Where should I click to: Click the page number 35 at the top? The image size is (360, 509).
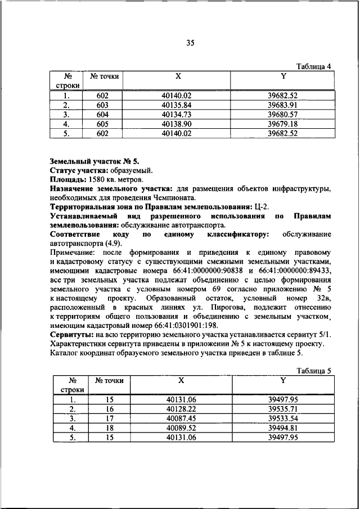tap(190, 43)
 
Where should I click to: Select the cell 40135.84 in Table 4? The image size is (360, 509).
tap(177, 105)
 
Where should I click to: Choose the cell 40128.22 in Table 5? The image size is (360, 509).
tap(181, 409)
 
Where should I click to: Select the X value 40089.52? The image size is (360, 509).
tap(181, 428)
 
